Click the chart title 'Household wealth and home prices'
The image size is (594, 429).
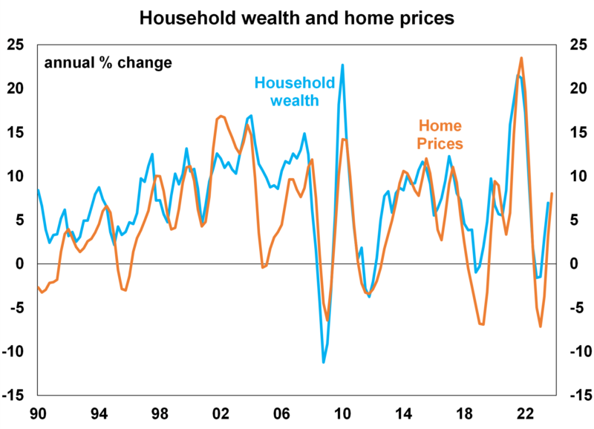pyautogui.click(x=297, y=17)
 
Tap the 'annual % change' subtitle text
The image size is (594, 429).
pyautogui.click(x=108, y=62)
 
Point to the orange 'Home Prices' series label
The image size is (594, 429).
pyautogui.click(x=440, y=134)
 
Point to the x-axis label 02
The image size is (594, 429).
pyautogui.click(x=220, y=413)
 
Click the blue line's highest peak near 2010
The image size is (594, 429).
pyautogui.click(x=342, y=65)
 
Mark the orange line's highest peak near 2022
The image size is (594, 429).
pyautogui.click(x=521, y=58)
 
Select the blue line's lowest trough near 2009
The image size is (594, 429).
pyautogui.click(x=324, y=362)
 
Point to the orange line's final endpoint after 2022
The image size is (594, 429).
pyautogui.click(x=552, y=194)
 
